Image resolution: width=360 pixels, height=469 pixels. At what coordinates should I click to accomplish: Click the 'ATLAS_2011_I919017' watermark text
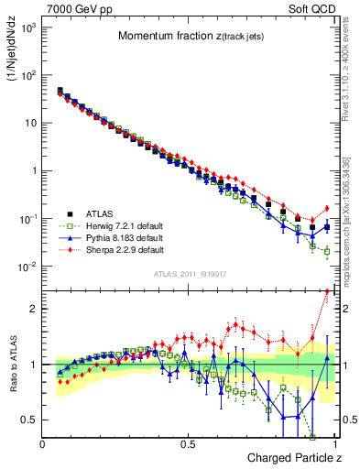point(190,274)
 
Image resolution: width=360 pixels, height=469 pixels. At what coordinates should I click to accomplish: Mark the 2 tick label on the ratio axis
point(30,309)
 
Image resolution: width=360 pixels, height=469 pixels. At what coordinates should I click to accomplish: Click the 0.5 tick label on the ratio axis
point(27,420)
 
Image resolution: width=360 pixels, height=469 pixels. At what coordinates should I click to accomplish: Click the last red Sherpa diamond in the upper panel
point(327,207)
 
